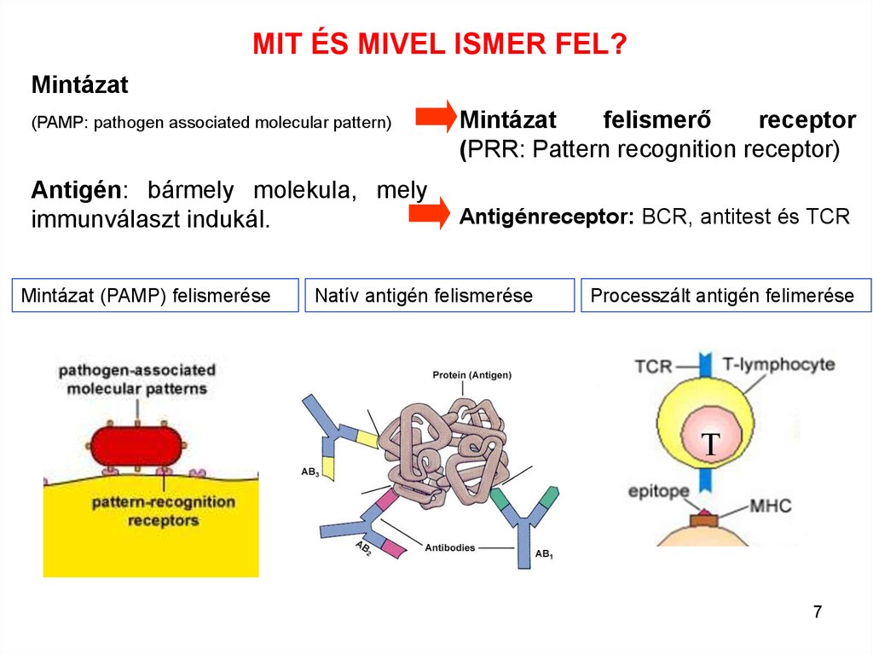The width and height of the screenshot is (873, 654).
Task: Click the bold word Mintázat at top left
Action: point(79,85)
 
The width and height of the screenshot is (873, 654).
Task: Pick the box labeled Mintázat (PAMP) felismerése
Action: point(157,295)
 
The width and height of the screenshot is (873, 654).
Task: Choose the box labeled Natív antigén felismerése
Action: point(439,295)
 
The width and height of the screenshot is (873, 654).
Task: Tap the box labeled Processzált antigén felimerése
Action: point(726,295)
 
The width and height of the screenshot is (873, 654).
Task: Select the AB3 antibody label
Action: point(309,472)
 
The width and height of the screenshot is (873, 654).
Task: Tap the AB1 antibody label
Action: point(544,555)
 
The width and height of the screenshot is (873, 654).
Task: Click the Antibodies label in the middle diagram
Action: point(450,547)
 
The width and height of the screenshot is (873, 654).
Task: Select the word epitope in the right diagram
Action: point(658,492)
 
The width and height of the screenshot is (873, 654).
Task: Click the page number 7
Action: point(818,611)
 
